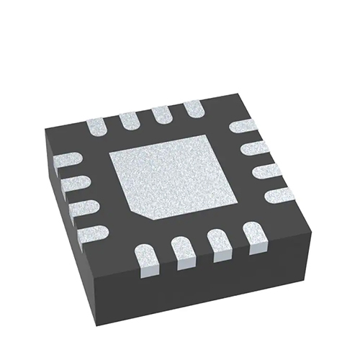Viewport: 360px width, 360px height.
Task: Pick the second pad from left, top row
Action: (x=130, y=120)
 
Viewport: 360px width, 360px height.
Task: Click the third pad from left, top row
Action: (x=162, y=115)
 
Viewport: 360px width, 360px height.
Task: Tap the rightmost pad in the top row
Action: (x=193, y=110)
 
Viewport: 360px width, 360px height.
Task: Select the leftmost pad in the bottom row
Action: (x=146, y=258)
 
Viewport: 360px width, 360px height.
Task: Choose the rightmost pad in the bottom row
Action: (x=251, y=234)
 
